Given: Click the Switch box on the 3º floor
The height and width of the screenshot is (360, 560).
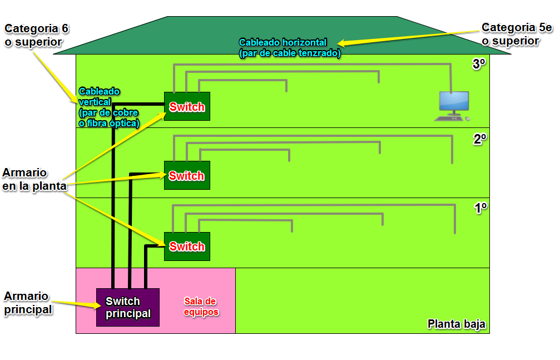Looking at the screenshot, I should pyautogui.click(x=187, y=106).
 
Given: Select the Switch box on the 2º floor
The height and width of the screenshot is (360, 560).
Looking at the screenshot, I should pyautogui.click(x=187, y=175).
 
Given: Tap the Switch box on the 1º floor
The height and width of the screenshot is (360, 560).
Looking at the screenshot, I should pyautogui.click(x=187, y=246).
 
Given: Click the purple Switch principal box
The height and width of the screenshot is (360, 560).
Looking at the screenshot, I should pyautogui.click(x=128, y=307).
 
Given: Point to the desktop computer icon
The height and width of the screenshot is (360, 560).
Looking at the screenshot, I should pyautogui.click(x=454, y=103).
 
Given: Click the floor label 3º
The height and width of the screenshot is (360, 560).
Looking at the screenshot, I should pyautogui.click(x=479, y=65).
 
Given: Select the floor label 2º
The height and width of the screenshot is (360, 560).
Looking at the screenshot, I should pyautogui.click(x=480, y=140).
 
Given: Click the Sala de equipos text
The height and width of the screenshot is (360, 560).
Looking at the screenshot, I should pyautogui.click(x=201, y=307).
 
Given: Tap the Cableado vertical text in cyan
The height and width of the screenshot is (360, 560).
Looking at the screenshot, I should pyautogui.click(x=108, y=107).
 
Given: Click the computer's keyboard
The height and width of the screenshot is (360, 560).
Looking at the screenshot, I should pyautogui.click(x=450, y=119).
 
